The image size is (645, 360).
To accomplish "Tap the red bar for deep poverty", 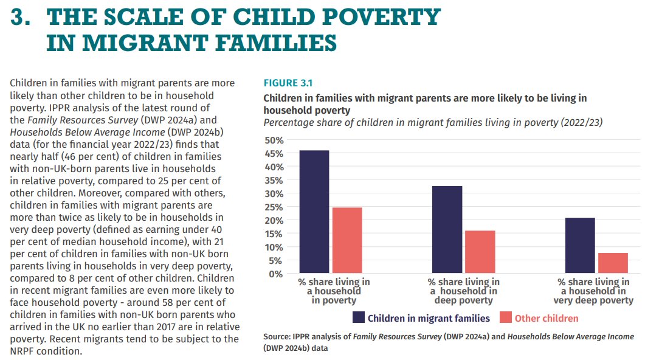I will [x=480, y=252].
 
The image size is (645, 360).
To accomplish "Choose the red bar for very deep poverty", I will [x=613, y=263].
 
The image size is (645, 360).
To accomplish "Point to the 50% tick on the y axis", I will [x=273, y=140].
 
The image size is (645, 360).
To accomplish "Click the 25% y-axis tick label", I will [x=273, y=207].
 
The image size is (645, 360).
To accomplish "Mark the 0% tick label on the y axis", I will [x=275, y=274].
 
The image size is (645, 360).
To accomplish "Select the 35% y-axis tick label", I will [x=273, y=181].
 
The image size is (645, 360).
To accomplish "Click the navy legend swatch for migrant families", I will [x=358, y=318].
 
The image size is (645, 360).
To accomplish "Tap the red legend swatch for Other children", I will [x=506, y=318].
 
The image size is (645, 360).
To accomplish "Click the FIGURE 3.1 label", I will [x=288, y=83].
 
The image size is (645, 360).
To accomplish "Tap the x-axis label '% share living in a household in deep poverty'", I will [x=464, y=291].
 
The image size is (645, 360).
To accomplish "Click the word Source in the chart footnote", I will [x=277, y=337].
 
